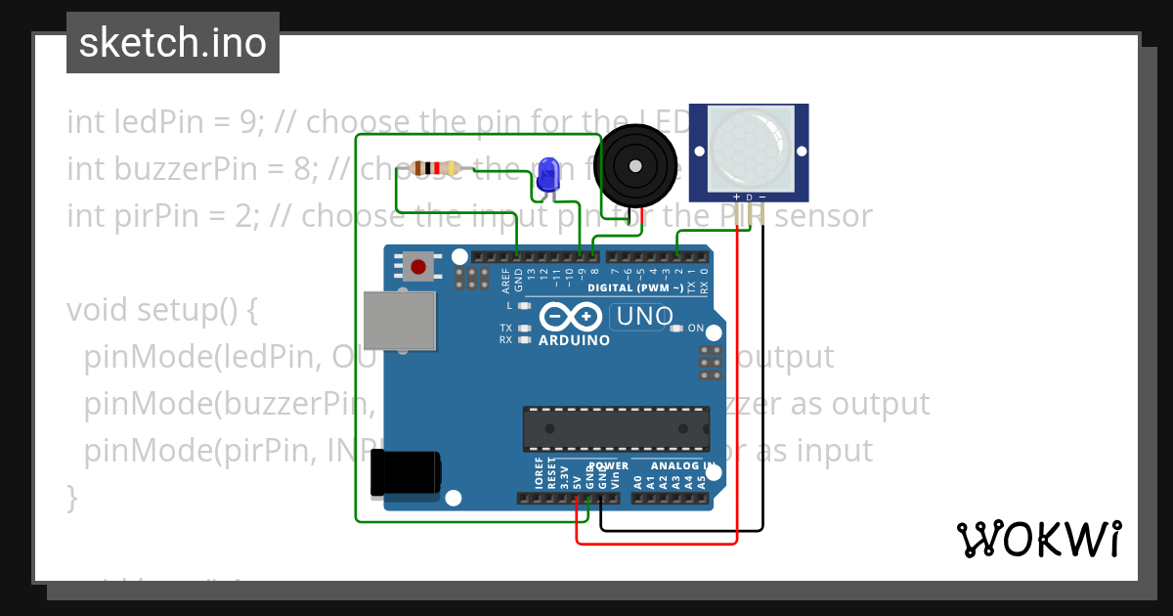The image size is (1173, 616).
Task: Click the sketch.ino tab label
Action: (173, 43)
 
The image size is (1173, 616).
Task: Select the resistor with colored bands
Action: (436, 168)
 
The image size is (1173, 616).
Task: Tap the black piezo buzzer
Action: (635, 164)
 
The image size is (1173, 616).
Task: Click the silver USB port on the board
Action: (400, 320)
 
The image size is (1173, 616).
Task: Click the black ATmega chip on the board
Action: (616, 427)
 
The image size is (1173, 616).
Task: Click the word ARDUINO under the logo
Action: (574, 340)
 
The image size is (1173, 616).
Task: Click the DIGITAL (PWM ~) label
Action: (635, 288)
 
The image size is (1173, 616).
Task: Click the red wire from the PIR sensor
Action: (737, 391)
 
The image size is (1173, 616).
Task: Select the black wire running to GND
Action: (762, 391)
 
